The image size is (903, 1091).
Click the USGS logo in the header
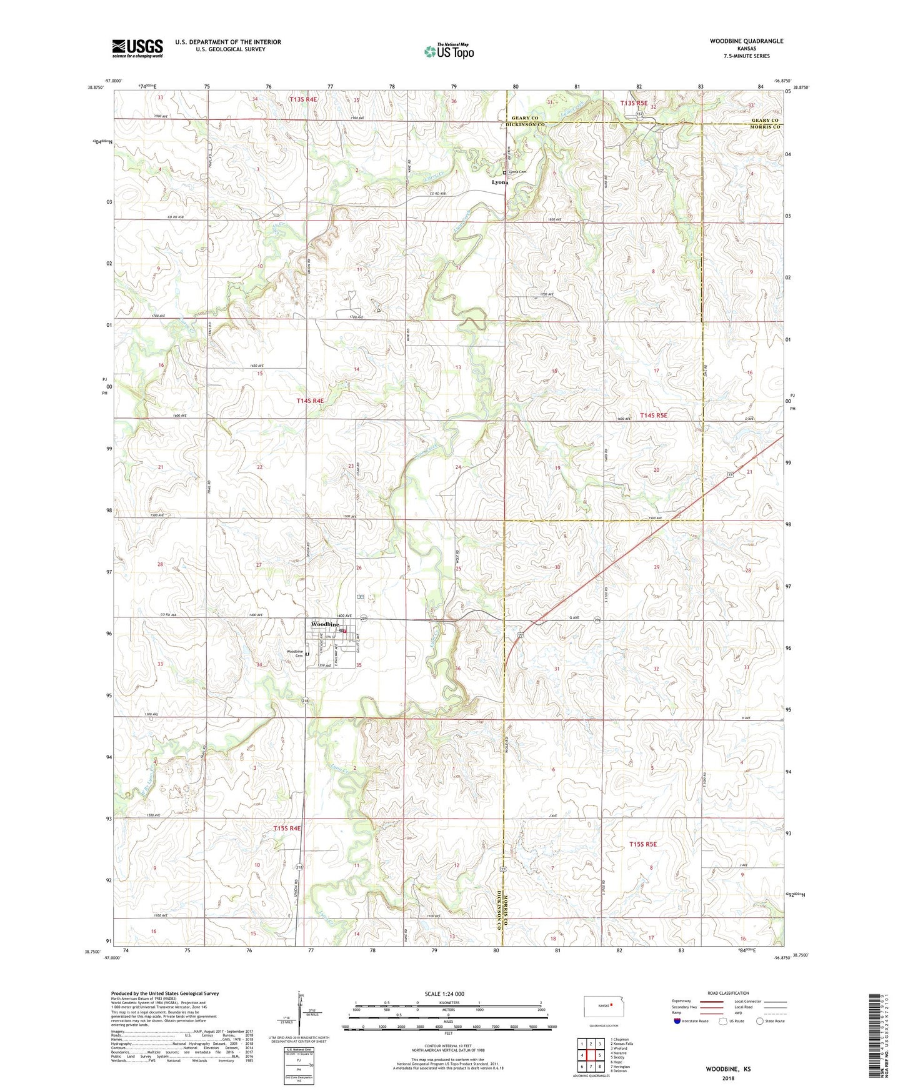[137, 47]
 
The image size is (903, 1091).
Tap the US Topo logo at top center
[449, 51]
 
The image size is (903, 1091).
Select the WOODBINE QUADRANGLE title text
[746, 41]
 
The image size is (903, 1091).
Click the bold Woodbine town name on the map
[326, 624]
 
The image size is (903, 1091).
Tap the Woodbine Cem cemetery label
[294, 654]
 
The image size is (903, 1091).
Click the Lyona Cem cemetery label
[517, 172]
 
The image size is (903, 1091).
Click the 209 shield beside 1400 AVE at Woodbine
[363, 619]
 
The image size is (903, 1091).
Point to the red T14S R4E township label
[310, 401]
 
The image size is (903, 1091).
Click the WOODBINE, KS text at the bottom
[728, 1069]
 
